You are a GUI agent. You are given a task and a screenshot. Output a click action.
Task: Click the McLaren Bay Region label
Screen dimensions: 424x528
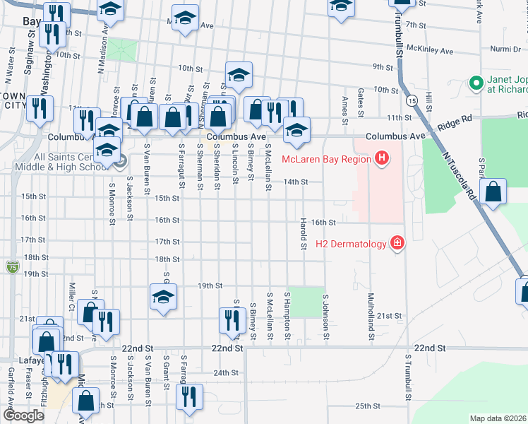tap(326, 158)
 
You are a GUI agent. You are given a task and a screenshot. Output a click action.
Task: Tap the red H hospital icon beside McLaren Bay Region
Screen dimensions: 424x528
tap(382, 158)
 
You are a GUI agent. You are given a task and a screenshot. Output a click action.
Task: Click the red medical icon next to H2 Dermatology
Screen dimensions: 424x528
tap(398, 244)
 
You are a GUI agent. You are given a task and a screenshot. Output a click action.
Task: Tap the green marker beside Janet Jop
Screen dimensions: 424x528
tap(476, 83)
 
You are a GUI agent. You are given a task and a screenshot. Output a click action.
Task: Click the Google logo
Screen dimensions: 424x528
tap(24, 416)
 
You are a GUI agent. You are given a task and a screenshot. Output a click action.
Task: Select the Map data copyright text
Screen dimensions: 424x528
tap(498, 418)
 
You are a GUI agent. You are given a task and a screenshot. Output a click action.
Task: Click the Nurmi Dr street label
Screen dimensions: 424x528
tap(505, 49)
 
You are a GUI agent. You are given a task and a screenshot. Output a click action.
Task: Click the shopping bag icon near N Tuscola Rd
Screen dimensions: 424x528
tap(493, 193)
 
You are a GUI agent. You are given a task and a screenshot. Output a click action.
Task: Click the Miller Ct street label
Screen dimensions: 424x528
tap(72, 300)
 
